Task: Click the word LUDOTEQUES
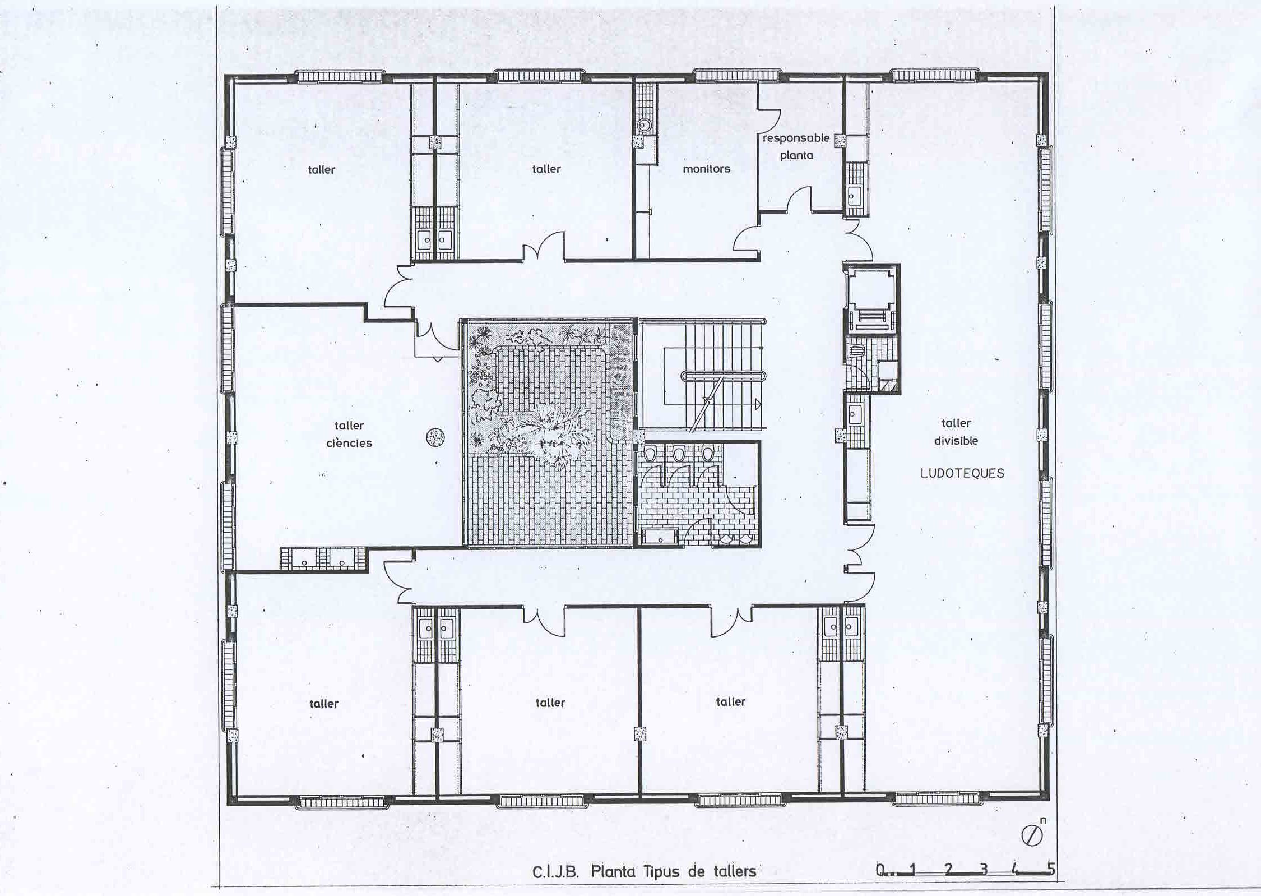(x=962, y=473)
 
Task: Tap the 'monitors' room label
(x=706, y=169)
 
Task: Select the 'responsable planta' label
(x=796, y=146)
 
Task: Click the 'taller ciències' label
(x=349, y=434)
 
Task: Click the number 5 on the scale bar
(x=1051, y=869)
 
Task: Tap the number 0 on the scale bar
(x=880, y=870)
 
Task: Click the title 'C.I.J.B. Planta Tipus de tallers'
(x=644, y=872)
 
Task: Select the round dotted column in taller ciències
(x=435, y=437)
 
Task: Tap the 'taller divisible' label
(x=956, y=432)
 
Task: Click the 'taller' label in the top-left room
(x=322, y=169)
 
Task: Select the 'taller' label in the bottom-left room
(x=324, y=704)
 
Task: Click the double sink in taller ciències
(x=323, y=558)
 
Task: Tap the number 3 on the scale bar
(x=984, y=870)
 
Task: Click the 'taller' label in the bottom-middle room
(x=550, y=703)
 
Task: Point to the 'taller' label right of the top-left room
(x=546, y=169)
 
